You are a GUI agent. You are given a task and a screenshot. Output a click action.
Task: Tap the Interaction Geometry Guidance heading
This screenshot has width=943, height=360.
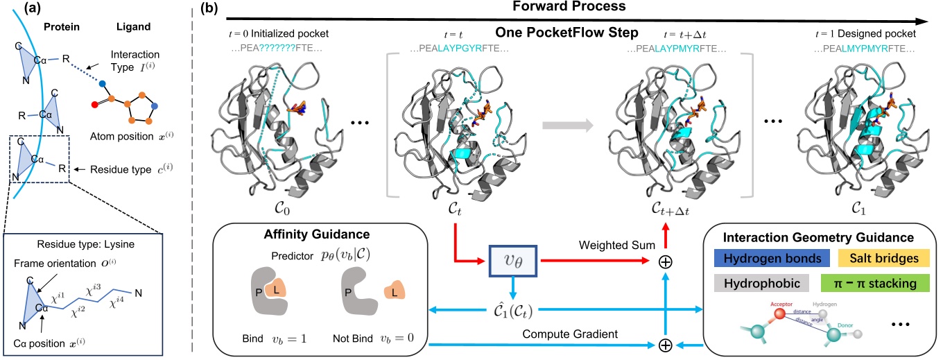pyautogui.click(x=821, y=235)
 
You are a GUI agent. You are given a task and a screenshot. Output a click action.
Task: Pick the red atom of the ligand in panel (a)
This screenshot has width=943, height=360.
pyautogui.click(x=94, y=105)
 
